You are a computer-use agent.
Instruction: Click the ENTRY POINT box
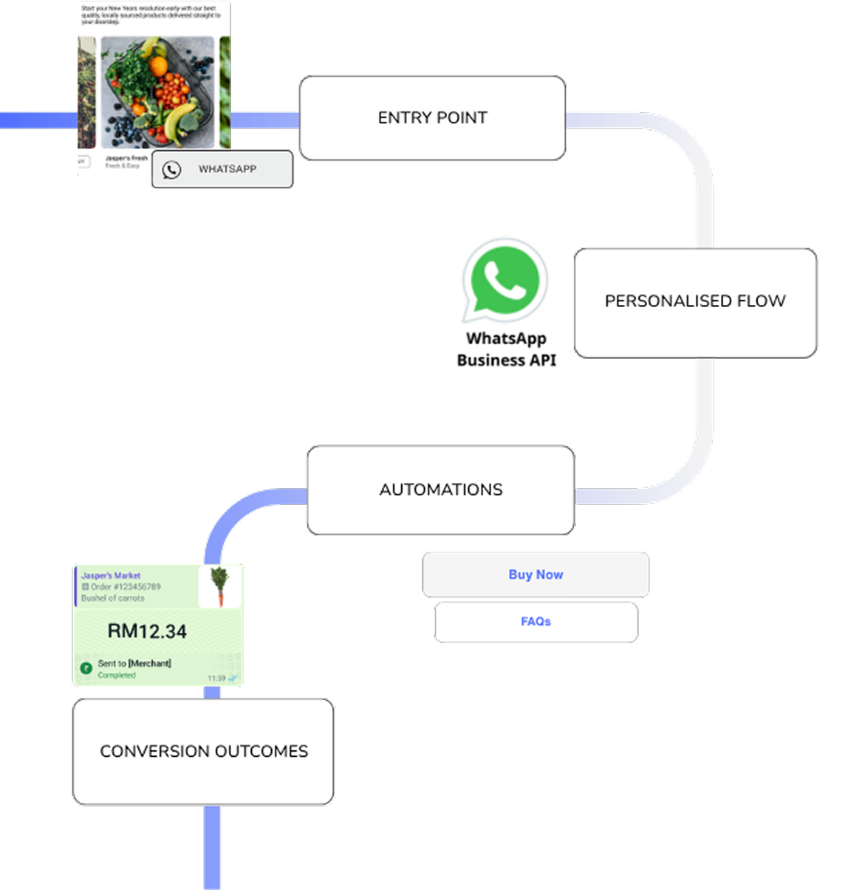pyautogui.click(x=432, y=118)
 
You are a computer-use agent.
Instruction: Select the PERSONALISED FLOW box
pyautogui.click(x=694, y=301)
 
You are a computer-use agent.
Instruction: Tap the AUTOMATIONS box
pyautogui.click(x=440, y=490)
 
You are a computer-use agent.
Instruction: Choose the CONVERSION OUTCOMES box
pyautogui.click(x=204, y=751)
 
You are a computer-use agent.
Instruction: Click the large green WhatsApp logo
pyautogui.click(x=505, y=280)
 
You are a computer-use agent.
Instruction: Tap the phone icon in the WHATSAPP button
pyautogui.click(x=171, y=170)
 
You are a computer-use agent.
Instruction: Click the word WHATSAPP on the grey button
pyautogui.click(x=227, y=169)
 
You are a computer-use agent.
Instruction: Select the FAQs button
pyautogui.click(x=536, y=622)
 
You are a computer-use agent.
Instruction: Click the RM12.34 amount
pyautogui.click(x=147, y=631)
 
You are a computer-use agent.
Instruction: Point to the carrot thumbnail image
pyautogui.click(x=219, y=586)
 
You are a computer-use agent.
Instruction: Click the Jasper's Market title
pyautogui.click(x=111, y=575)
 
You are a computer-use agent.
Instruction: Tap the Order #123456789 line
pyautogui.click(x=122, y=587)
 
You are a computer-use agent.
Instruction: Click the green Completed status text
pyautogui.click(x=117, y=675)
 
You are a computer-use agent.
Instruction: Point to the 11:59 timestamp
pyautogui.click(x=216, y=678)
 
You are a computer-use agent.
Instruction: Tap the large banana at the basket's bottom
pyautogui.click(x=181, y=118)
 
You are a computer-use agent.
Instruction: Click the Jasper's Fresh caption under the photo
pyautogui.click(x=126, y=158)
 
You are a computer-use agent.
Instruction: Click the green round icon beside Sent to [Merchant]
pyautogui.click(x=86, y=668)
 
